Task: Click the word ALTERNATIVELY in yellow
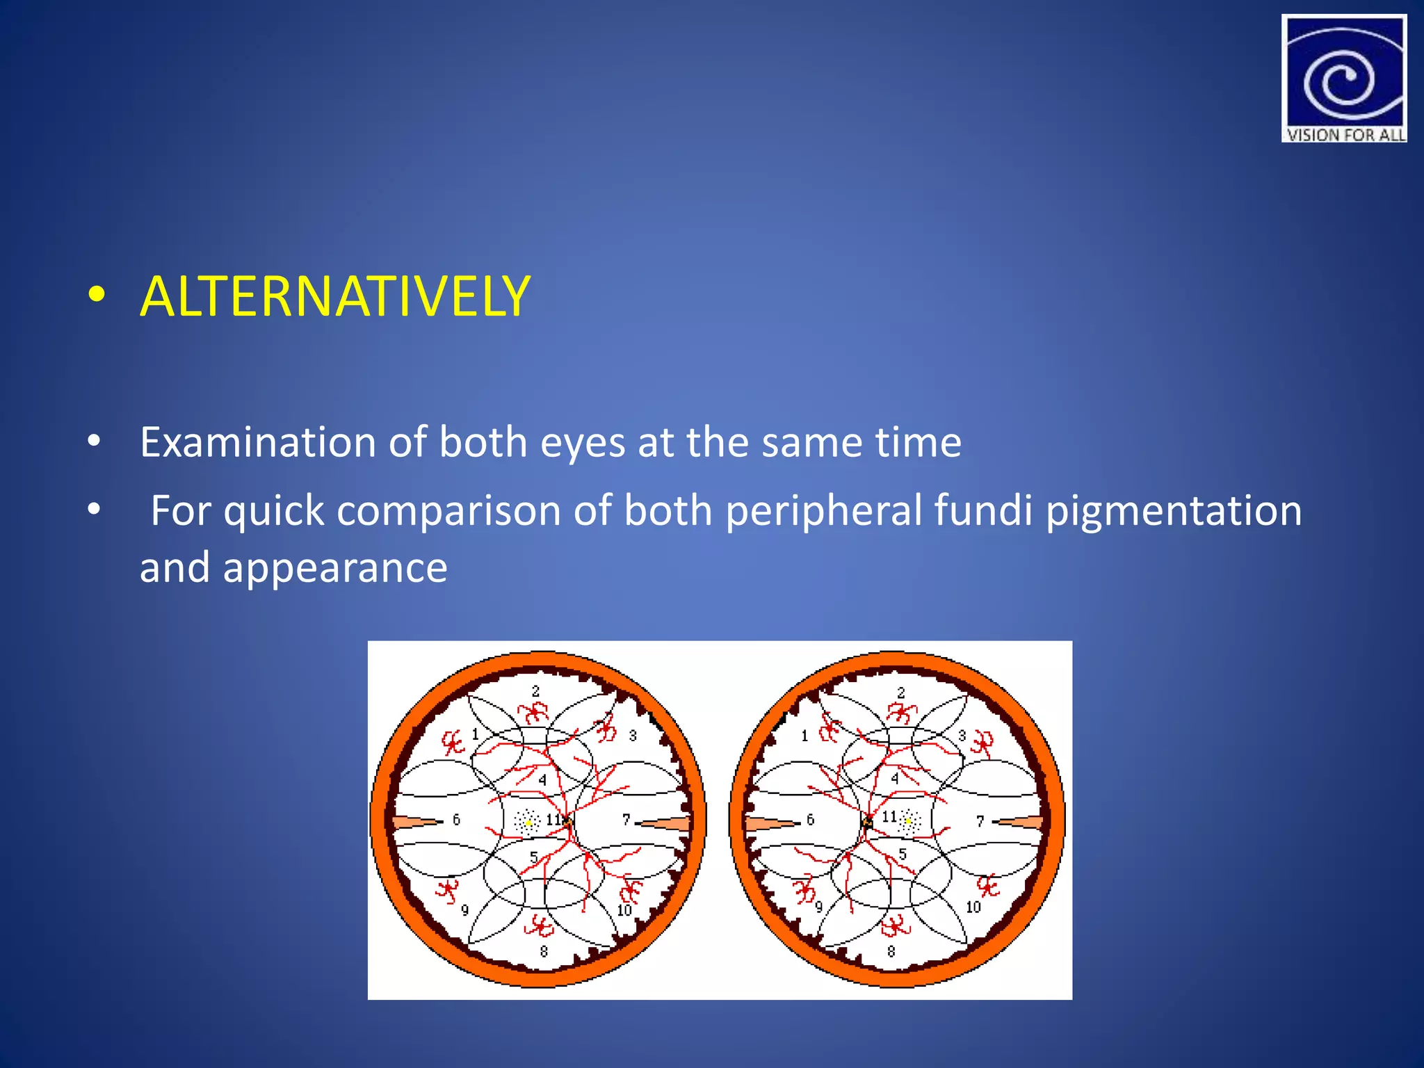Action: point(335,297)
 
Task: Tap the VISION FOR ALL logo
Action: point(1343,79)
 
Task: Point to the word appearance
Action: point(335,568)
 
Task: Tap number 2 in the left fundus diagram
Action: point(535,691)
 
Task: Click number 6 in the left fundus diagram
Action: point(456,820)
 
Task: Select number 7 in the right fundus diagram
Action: point(980,821)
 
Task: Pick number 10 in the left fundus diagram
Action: point(624,910)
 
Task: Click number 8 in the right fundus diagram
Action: point(891,950)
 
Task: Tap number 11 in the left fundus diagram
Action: point(553,820)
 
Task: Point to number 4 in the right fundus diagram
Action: point(895,779)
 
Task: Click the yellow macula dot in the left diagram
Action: point(528,823)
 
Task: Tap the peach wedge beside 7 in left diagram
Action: point(667,825)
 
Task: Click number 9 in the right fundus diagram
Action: point(819,907)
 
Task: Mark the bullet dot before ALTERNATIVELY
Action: point(97,295)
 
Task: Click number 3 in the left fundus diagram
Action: point(633,735)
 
